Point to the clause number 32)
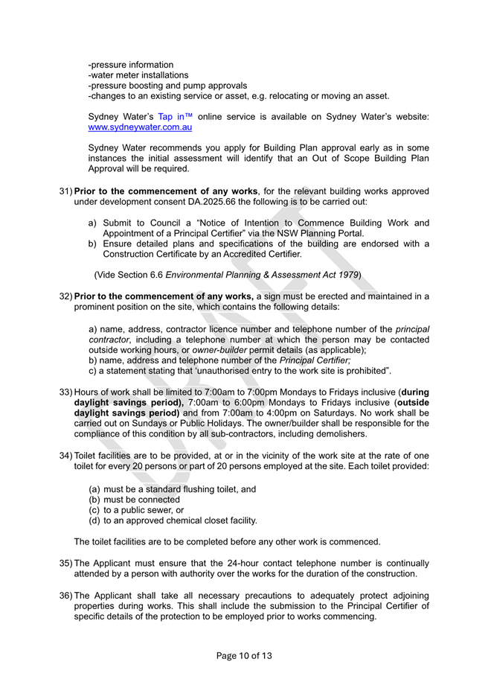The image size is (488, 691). pyautogui.click(x=65, y=296)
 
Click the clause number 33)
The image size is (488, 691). pyautogui.click(x=65, y=392)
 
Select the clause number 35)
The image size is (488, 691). pyautogui.click(x=65, y=564)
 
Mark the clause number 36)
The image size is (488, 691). pyautogui.click(x=65, y=596)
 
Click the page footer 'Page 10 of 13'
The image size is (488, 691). pyautogui.click(x=243, y=655)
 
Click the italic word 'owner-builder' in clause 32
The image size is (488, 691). pyautogui.click(x=219, y=349)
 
